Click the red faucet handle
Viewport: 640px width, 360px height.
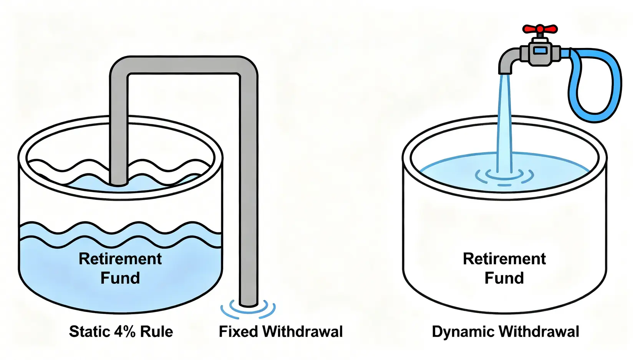[x=540, y=29]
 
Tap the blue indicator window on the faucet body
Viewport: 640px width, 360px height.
[x=540, y=50]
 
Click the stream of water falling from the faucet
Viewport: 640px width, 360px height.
[x=504, y=123]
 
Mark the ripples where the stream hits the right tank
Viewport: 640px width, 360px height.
[x=504, y=177]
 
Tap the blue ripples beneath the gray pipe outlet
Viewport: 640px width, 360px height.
[x=248, y=310]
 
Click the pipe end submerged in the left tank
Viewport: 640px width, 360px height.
[x=118, y=181]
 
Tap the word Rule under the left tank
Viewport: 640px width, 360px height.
[x=156, y=332]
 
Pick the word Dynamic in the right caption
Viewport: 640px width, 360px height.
[x=463, y=332]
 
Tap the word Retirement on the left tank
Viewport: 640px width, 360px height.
[x=120, y=259]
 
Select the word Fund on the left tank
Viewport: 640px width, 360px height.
[x=120, y=278]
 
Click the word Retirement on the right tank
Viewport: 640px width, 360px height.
[x=504, y=259]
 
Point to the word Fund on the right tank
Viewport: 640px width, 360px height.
[x=504, y=278]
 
